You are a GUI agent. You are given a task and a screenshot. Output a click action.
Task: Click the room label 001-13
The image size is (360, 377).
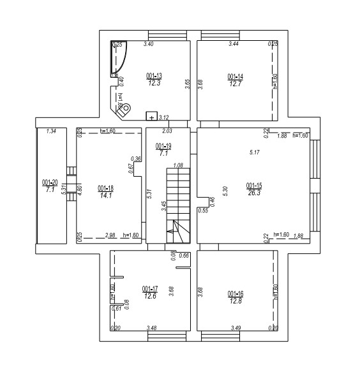coord(154,75)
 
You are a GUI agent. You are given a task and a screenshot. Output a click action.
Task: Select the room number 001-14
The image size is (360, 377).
coord(236,76)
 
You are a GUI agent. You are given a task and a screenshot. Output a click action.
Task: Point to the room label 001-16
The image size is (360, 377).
coord(236,293)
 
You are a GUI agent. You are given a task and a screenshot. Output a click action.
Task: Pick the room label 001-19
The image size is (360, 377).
coord(163,146)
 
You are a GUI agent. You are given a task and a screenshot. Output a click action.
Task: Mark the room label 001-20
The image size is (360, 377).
coord(50,182)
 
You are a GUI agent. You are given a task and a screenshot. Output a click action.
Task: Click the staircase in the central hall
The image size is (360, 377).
coord(179,204)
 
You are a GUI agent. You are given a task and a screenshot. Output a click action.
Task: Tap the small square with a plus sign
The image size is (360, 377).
coord(151,117)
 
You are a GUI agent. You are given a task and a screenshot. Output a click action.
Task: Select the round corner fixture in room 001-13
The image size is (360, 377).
coord(126,108)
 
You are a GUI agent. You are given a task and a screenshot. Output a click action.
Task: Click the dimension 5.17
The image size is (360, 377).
coord(254,152)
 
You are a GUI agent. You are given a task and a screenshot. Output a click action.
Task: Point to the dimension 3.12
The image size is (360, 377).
coord(163,117)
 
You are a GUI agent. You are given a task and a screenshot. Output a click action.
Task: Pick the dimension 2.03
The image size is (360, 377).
coord(167,131)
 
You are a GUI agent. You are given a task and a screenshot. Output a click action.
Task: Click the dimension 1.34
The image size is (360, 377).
coord(52,131)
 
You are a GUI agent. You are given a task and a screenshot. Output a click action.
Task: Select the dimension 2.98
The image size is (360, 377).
coord(110,235)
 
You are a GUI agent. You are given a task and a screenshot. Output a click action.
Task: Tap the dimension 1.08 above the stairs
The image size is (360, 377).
coord(179,165)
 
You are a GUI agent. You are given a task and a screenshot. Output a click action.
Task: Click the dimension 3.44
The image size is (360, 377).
coord(234,44)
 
